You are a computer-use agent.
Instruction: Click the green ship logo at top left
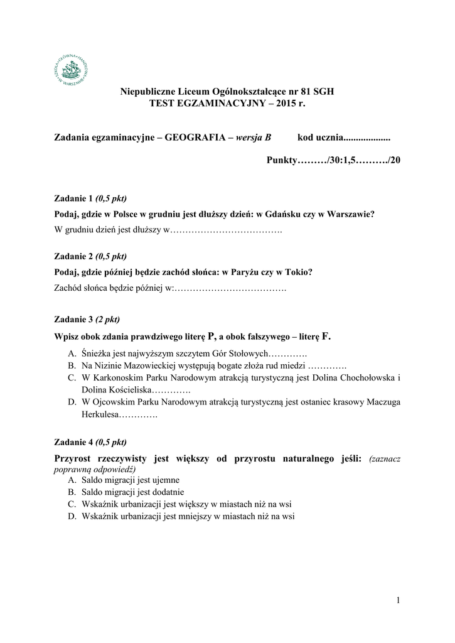click(72, 67)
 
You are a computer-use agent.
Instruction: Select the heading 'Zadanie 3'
click(73, 320)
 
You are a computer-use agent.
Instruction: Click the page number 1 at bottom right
click(397, 602)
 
